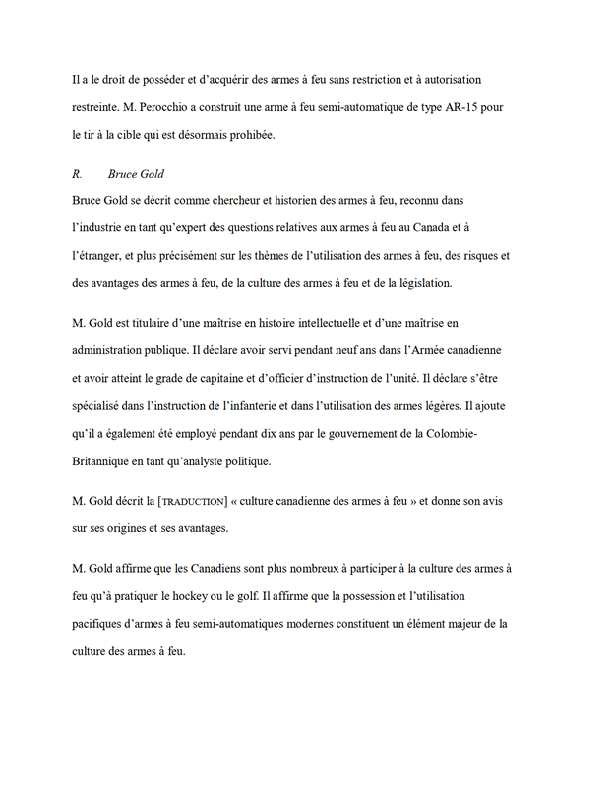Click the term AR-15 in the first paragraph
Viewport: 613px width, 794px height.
(x=462, y=105)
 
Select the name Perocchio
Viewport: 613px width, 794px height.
(x=156, y=105)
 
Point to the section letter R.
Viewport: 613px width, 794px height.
(x=77, y=174)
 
